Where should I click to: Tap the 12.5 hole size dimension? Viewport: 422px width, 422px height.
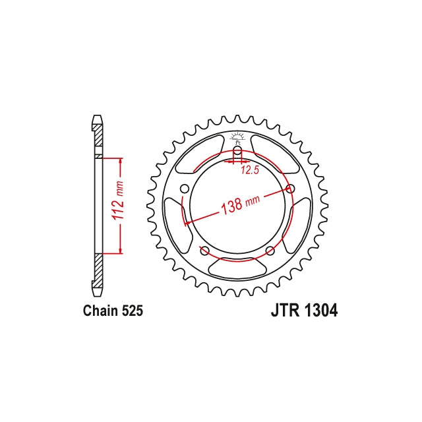(249, 170)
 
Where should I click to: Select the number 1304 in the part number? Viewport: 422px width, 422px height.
(322, 310)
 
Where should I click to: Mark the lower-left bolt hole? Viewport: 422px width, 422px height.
(204, 251)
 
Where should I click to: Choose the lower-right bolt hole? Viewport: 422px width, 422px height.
(270, 251)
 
